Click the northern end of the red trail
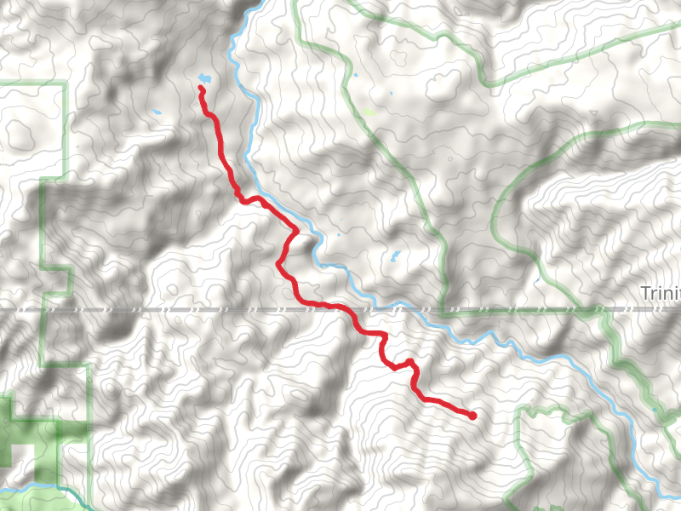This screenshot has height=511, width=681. [202, 88]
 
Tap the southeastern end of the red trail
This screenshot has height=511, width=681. [472, 416]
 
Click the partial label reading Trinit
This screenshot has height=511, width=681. [661, 294]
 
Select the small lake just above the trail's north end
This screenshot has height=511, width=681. [202, 79]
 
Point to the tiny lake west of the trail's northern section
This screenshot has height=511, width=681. [157, 113]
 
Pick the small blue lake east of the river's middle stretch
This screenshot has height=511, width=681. [394, 255]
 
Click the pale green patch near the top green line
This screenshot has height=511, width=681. [369, 112]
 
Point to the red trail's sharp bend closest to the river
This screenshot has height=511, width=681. [295, 230]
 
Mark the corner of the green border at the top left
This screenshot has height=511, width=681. [65, 84]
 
